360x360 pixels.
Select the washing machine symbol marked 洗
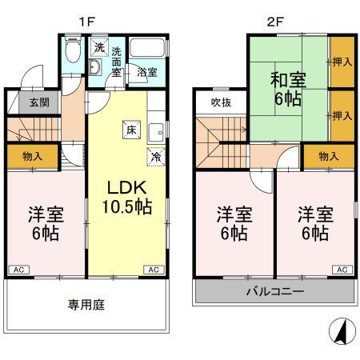[x=98, y=47]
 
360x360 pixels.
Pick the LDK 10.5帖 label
[x=126, y=195]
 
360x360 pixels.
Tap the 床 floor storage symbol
[x=129, y=127]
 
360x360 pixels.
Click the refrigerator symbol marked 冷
[x=154, y=157]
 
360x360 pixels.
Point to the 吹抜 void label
[x=221, y=102]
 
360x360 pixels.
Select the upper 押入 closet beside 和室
[x=342, y=60]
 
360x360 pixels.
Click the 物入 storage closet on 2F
[x=328, y=155]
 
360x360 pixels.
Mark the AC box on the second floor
[x=342, y=270]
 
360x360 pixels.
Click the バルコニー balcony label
[x=274, y=292]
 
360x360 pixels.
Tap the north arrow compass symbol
[x=339, y=330]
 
